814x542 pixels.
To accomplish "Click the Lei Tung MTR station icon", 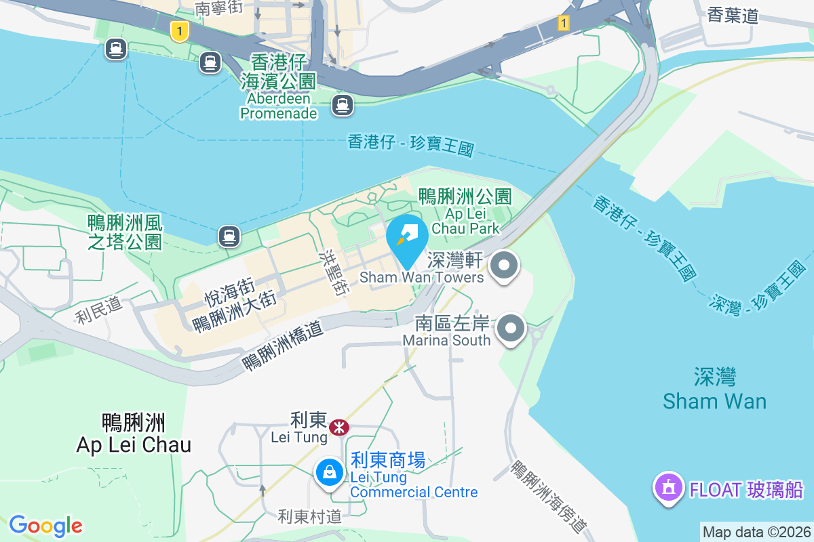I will pos(338,428).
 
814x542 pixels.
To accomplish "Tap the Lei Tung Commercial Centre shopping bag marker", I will pos(329,472).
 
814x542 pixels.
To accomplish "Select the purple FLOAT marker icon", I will pos(668,488).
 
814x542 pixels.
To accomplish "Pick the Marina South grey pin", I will pos(511,329).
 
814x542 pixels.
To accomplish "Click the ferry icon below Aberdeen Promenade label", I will pos(342,104).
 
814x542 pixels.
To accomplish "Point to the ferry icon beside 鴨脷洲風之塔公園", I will pos(229,236).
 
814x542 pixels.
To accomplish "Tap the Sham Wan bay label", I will pos(715,389).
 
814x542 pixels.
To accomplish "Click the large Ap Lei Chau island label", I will pos(134,434).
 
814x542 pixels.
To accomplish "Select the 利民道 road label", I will pos(99,310).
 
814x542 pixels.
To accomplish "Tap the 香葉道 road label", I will pos(733,15).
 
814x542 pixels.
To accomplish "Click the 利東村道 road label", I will pos(310,516).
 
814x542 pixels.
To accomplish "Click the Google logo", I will pos(45,526).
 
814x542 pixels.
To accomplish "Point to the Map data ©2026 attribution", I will pos(756,532).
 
